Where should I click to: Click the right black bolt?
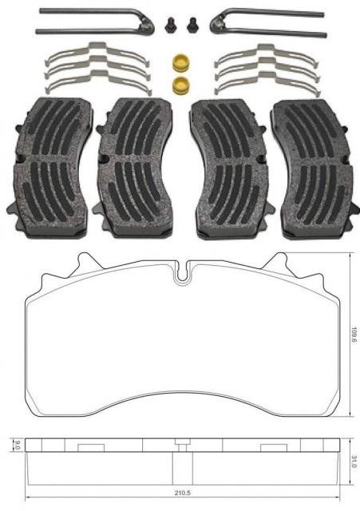192,25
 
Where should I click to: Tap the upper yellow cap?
180,62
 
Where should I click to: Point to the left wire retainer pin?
92,22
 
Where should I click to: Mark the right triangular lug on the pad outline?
281,263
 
